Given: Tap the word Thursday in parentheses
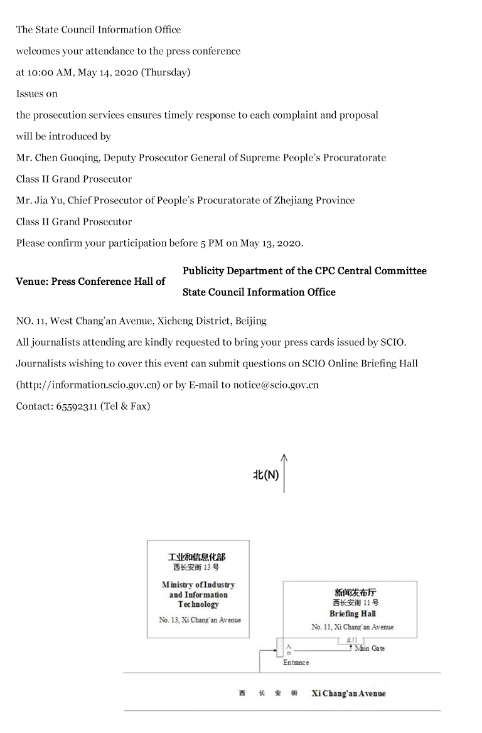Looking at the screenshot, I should (166, 72).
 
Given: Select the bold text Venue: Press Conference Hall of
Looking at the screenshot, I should (90, 281).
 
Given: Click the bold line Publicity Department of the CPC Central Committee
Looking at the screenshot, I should (304, 270).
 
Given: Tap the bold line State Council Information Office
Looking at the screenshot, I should (259, 292).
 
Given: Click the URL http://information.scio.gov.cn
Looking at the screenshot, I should (88, 385).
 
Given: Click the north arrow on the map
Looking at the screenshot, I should (284, 473).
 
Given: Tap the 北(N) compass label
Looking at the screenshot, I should (265, 475).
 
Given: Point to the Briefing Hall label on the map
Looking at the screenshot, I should (352, 613).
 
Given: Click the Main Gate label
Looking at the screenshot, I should (370, 648).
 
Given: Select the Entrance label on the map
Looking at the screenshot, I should (296, 662).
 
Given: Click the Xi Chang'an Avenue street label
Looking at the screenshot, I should (348, 693).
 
